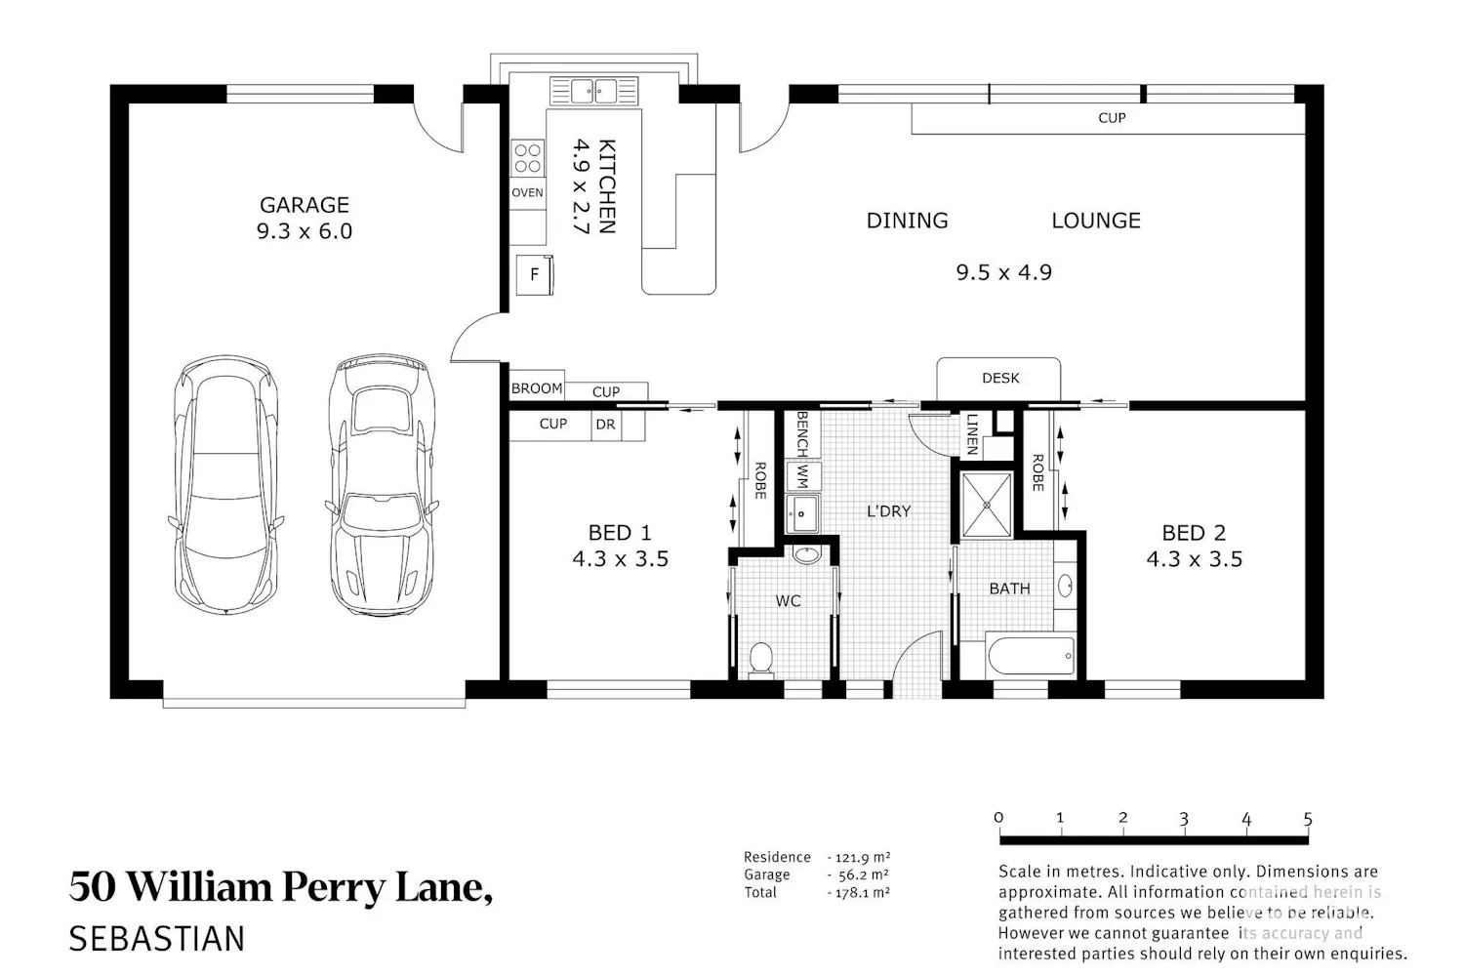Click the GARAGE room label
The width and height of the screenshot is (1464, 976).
pos(305,205)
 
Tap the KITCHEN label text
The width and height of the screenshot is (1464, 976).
pos(606,186)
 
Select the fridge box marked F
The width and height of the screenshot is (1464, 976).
pos(535,274)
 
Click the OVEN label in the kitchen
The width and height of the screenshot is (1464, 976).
pos(527,192)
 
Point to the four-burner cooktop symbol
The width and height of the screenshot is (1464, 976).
pos(527,157)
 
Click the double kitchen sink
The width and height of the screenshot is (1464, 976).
pos(594,91)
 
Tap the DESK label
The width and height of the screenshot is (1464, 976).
pos(1000,378)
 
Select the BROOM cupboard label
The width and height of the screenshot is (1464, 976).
pos(537,388)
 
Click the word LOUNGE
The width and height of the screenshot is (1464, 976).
pos(1096,221)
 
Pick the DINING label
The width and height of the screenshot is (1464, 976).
pos(907,221)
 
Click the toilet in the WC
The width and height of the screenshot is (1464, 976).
pos(760,659)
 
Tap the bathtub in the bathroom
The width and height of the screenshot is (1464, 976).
pos(1031,655)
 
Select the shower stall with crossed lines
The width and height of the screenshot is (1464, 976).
pos(987,505)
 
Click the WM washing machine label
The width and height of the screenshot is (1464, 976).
pos(802,476)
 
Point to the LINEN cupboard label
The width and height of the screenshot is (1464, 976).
pos(972,434)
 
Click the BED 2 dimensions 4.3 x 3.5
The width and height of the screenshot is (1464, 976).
pos(1194,559)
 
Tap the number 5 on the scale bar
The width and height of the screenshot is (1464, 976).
pos(1308,819)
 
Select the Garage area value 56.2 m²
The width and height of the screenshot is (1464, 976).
pos(862,874)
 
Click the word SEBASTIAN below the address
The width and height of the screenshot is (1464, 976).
pos(157,939)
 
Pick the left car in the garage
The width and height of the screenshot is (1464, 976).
pos(226,485)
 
